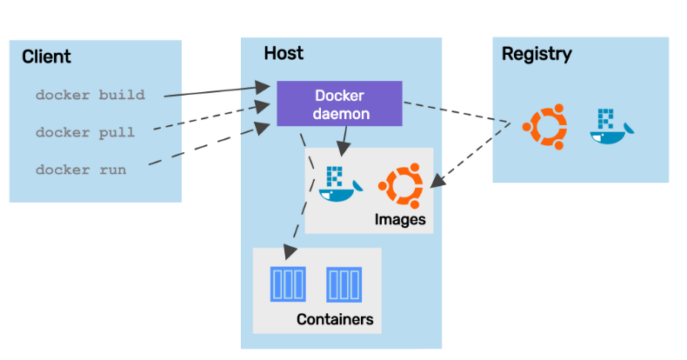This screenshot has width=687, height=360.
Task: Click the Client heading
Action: pyautogui.click(x=46, y=57)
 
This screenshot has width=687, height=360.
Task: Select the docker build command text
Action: pyautogui.click(x=90, y=94)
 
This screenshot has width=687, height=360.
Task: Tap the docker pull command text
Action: pyautogui.click(x=85, y=132)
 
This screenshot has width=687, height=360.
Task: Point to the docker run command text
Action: pyautogui.click(x=81, y=170)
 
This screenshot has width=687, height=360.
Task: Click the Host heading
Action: pyautogui.click(x=283, y=54)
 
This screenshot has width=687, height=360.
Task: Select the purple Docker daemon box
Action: pyautogui.click(x=339, y=103)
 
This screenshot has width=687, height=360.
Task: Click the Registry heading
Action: pyautogui.click(x=537, y=54)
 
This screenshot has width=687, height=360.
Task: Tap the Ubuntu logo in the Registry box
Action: pyautogui.click(x=544, y=125)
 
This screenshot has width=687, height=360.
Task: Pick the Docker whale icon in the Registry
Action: pyautogui.click(x=611, y=125)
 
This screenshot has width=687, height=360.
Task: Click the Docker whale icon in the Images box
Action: pyautogui.click(x=336, y=183)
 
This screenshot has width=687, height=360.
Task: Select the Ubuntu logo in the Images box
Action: pyautogui.click(x=401, y=183)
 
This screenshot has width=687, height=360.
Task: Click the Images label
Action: pyautogui.click(x=400, y=219)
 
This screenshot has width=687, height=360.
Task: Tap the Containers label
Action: pyautogui.click(x=335, y=319)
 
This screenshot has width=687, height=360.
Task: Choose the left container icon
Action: pyautogui.click(x=288, y=283)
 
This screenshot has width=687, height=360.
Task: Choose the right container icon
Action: pyautogui.click(x=343, y=283)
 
